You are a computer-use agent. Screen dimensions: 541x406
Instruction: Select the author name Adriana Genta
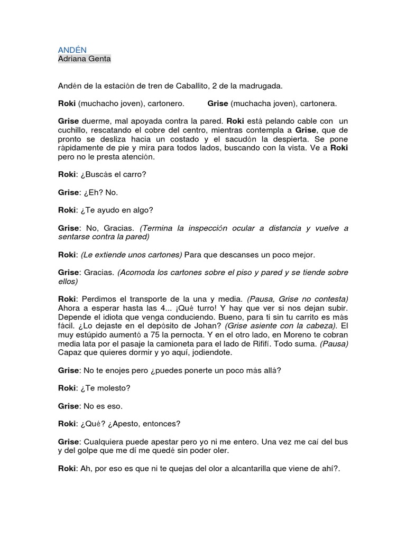pyautogui.click(x=85, y=59)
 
